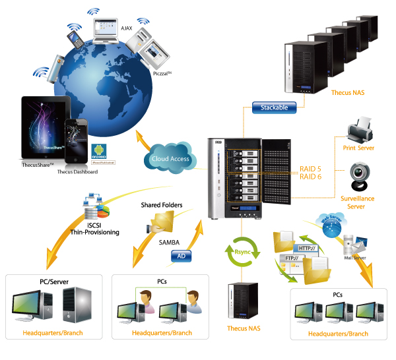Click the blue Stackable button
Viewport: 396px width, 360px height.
pyautogui.click(x=273, y=107)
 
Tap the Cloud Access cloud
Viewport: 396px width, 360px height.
pyautogui.click(x=169, y=158)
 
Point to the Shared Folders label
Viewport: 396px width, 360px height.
pyautogui.click(x=160, y=205)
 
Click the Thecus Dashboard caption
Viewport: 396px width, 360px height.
pyautogui.click(x=77, y=172)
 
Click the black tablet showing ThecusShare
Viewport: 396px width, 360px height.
pyautogui.click(x=45, y=129)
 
